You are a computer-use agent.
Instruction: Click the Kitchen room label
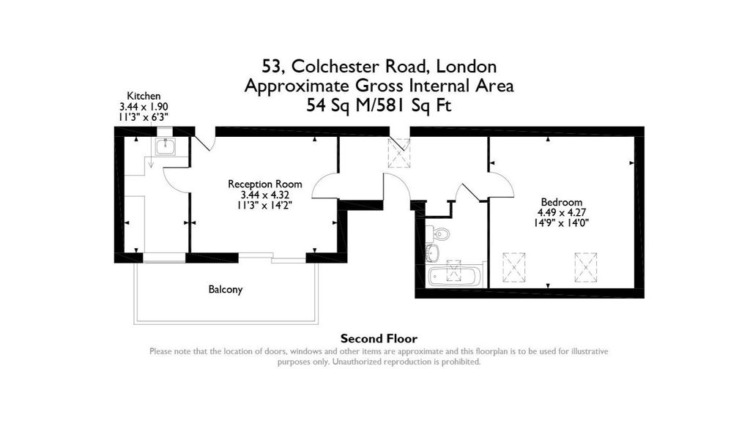point(144,96)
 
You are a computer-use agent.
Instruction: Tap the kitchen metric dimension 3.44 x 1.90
point(144,107)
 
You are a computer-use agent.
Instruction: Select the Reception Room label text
point(265,184)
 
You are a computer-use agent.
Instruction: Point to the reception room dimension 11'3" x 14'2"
point(265,205)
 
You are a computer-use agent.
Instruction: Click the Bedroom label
point(562,202)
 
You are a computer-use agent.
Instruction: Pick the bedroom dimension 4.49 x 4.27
point(562,213)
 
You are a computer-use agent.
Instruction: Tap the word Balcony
point(226,290)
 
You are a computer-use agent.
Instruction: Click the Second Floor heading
point(379,339)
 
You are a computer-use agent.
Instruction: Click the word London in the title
point(467,66)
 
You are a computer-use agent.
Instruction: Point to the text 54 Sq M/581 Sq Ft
point(379,105)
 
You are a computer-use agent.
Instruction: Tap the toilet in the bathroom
point(439,234)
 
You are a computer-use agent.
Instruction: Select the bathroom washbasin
point(432,252)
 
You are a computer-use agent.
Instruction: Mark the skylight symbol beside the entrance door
point(399,153)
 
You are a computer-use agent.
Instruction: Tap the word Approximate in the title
point(297,86)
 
